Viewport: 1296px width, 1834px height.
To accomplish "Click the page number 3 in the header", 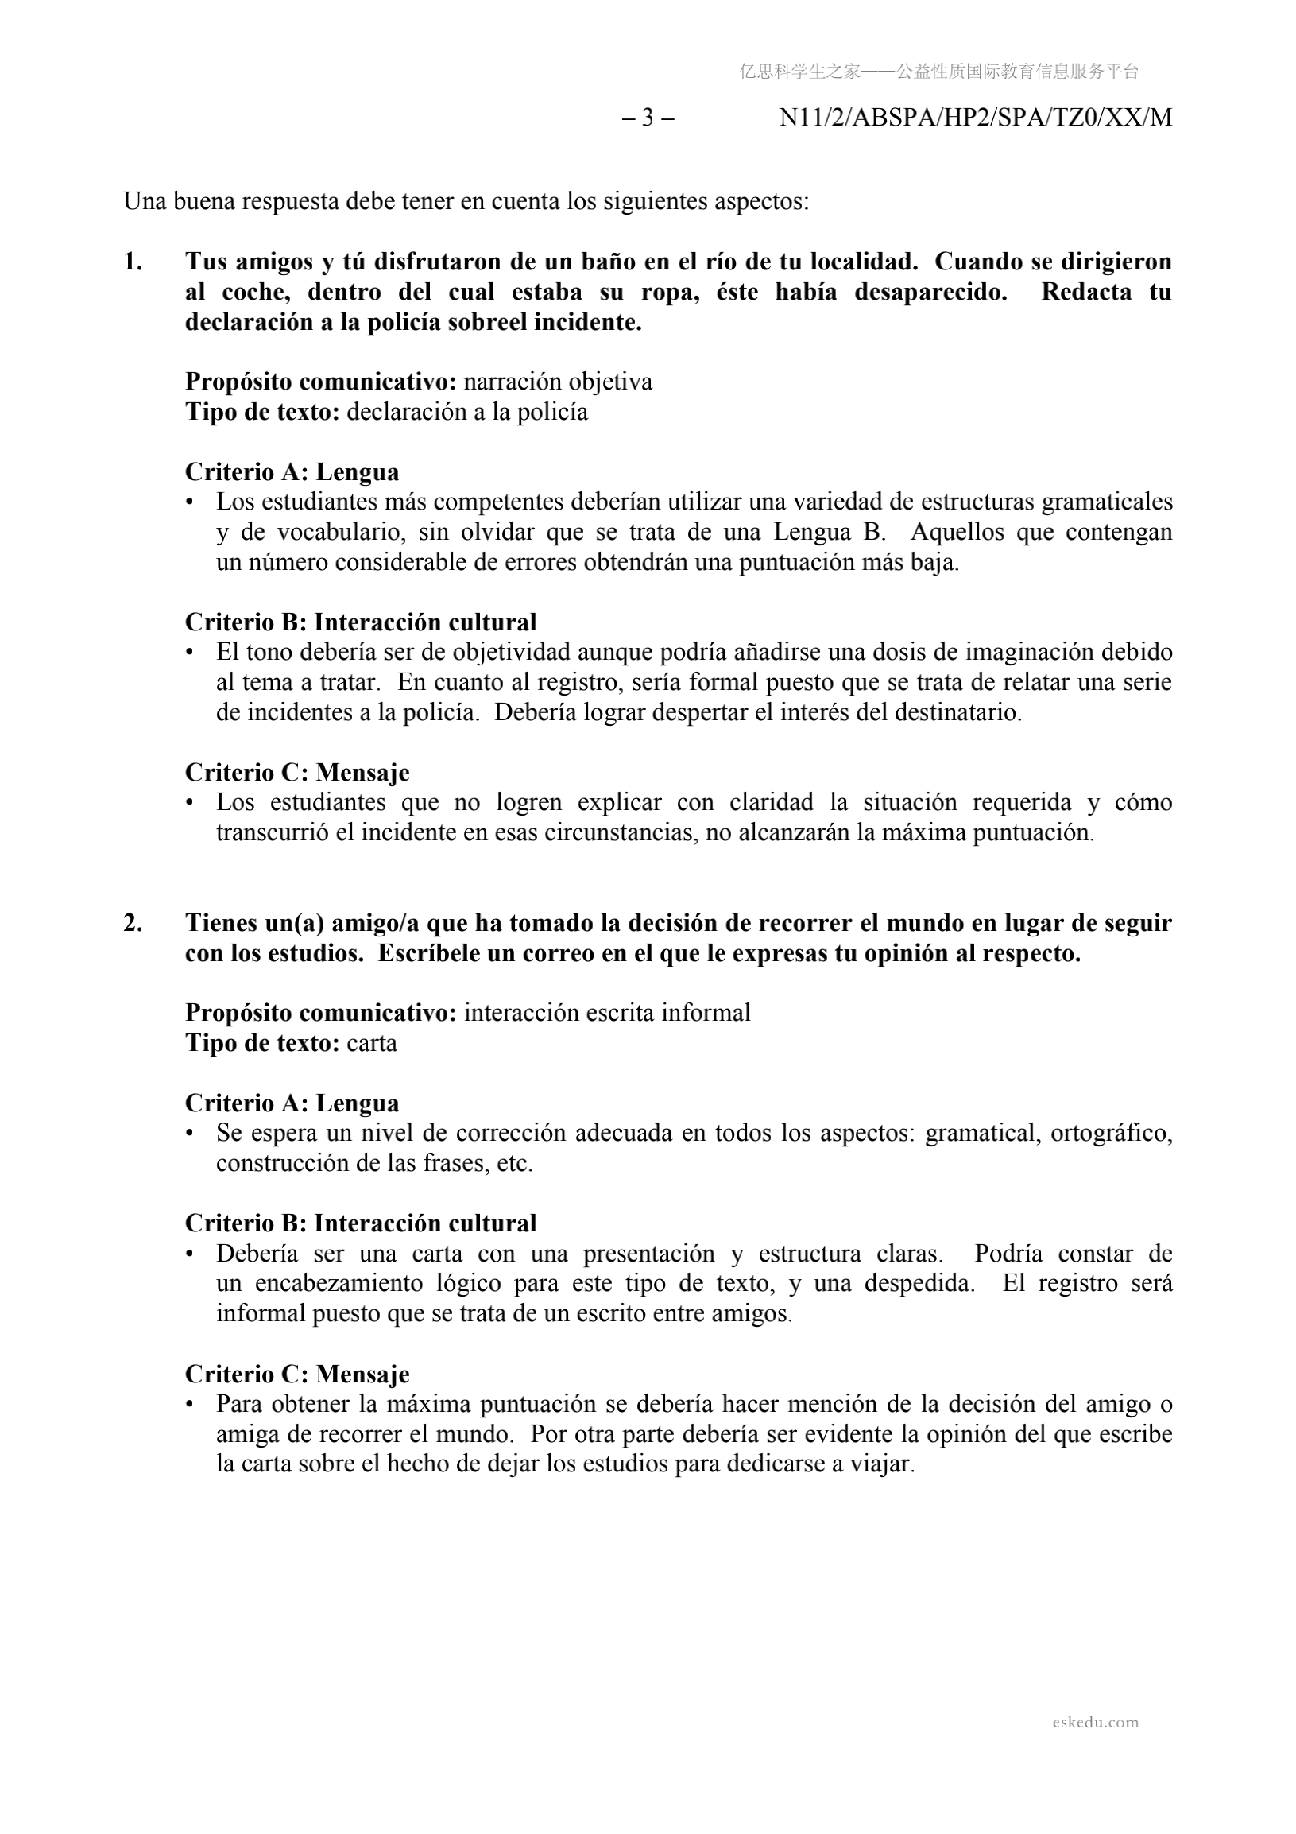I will pos(648,118).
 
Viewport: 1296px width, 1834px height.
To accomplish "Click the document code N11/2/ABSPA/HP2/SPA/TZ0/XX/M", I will pos(975,118).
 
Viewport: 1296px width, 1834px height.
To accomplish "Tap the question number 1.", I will pos(133,262).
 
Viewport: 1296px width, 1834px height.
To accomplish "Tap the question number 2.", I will pos(133,924).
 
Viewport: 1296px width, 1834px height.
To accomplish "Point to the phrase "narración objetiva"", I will pos(557,382).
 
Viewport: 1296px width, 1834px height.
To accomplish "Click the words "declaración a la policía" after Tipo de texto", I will pos(467,412).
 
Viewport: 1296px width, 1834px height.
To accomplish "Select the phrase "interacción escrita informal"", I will pos(607,1013).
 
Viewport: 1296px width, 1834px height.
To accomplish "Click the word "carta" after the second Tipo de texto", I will pos(371,1043).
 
